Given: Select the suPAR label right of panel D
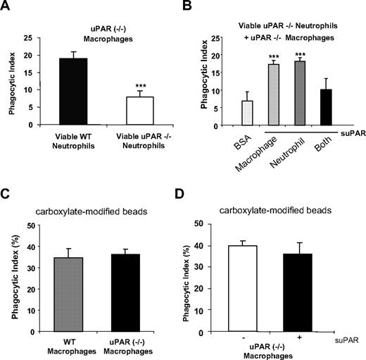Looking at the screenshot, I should [x=347, y=340].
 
